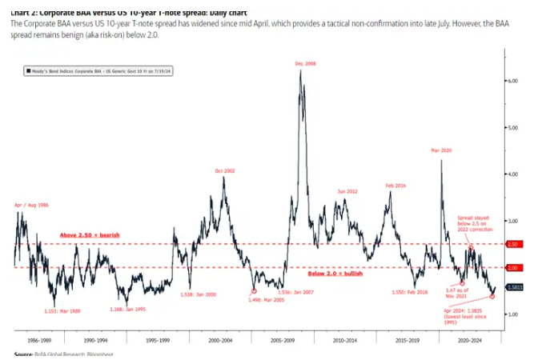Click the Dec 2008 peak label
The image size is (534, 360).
[304, 63]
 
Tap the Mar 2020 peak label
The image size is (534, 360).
[441, 150]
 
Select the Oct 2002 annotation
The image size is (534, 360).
[224, 170]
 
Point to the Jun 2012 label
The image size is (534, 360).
[347, 191]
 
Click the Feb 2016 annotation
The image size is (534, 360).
[395, 186]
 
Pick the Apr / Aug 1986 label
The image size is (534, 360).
[31, 206]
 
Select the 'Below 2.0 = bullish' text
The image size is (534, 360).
[335, 273]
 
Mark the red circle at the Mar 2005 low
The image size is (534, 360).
[254, 291]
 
